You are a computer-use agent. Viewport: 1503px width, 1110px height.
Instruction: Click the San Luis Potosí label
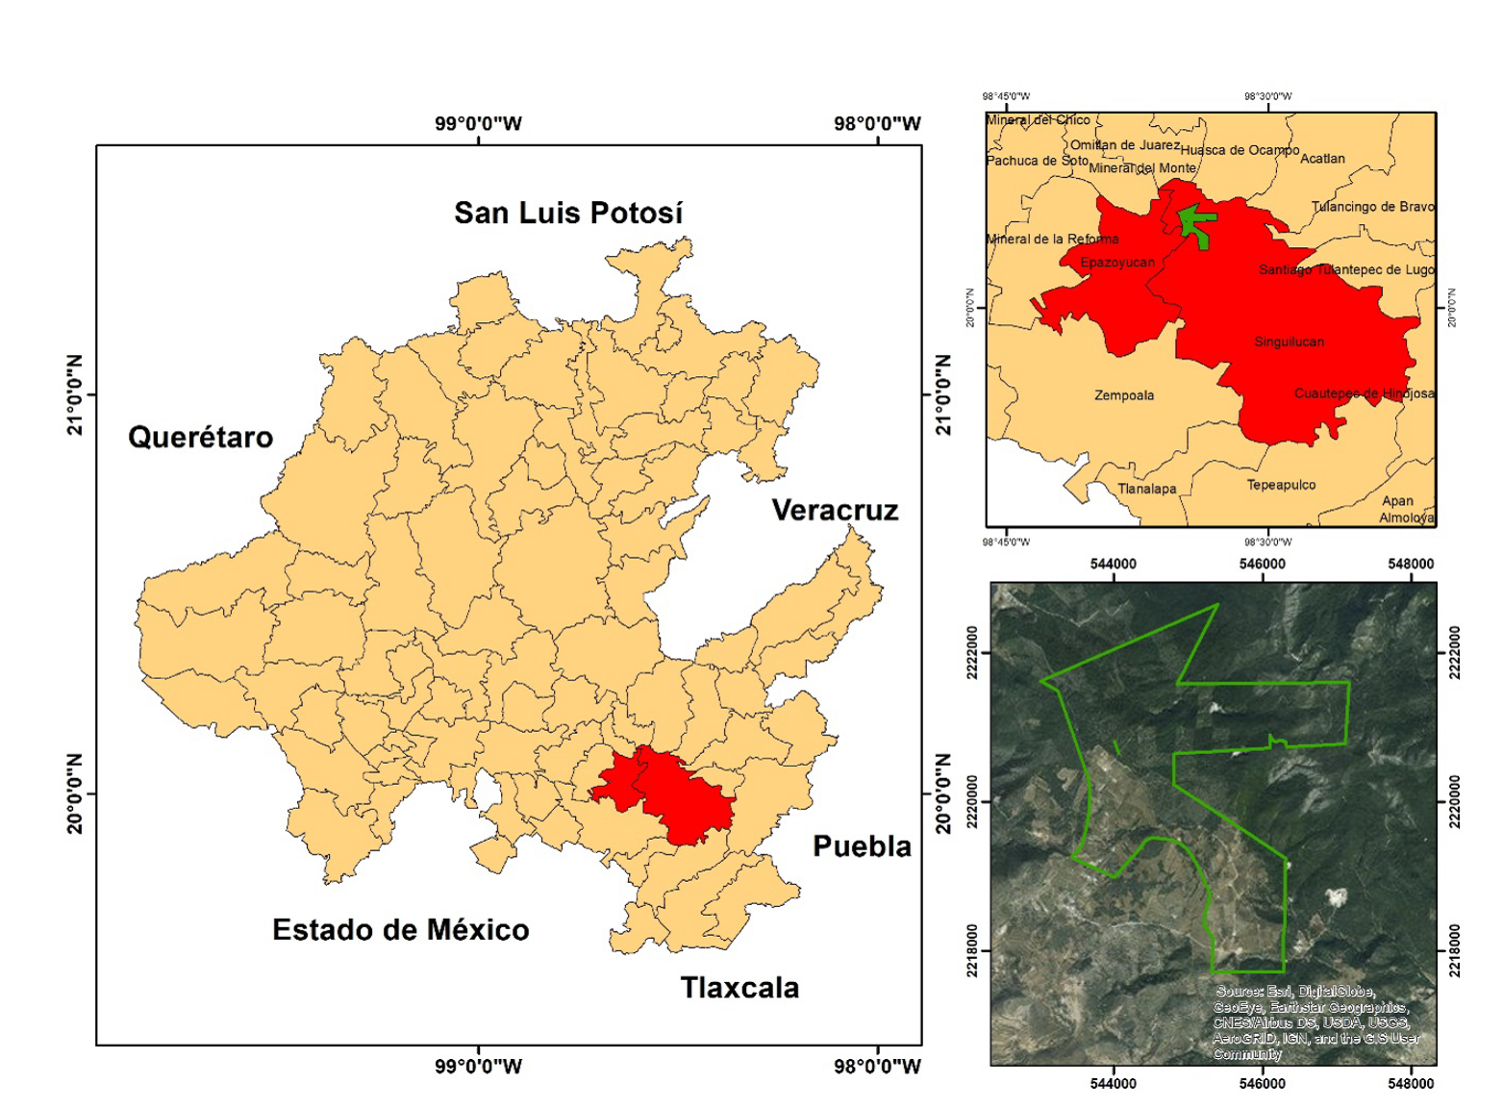[x=568, y=213]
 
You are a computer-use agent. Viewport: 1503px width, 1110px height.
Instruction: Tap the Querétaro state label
[x=200, y=438]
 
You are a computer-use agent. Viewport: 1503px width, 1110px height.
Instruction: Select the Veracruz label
[x=835, y=510]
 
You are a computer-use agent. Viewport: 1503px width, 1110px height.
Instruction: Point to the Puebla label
[x=862, y=846]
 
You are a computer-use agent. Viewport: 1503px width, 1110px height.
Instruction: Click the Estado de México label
[x=400, y=930]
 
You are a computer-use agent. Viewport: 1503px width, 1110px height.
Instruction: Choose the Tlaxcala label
[x=739, y=988]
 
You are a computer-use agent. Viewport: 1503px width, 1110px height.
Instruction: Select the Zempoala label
[x=1124, y=395]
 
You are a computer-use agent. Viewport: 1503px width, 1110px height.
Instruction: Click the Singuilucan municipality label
[x=1289, y=341]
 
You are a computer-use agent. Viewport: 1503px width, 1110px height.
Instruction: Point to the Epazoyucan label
[x=1117, y=263]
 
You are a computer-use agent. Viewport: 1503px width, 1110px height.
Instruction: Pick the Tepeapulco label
[x=1281, y=485]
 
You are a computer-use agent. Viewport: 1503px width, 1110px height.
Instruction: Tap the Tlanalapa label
[x=1146, y=489]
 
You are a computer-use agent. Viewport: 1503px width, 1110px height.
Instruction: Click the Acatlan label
[x=1322, y=159]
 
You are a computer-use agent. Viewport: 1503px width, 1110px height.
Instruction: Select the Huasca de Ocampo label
[x=1240, y=150]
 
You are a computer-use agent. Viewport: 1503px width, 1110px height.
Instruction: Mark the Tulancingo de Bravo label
[x=1372, y=207]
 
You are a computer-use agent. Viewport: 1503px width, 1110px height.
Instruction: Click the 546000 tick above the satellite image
[x=1262, y=565]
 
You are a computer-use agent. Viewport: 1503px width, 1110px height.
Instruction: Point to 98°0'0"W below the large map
[x=877, y=1066]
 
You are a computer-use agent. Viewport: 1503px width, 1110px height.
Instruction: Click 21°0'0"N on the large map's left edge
[x=75, y=394]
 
